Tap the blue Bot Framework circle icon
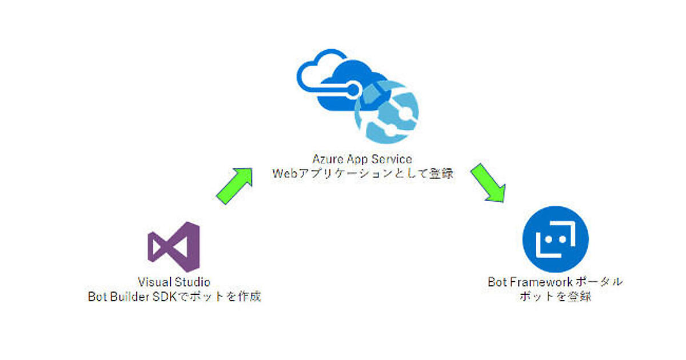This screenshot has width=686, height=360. point(555,239)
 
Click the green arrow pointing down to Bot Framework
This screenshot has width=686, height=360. point(488,184)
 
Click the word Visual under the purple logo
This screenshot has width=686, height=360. point(154,282)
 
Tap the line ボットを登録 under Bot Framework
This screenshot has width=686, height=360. point(555,297)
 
